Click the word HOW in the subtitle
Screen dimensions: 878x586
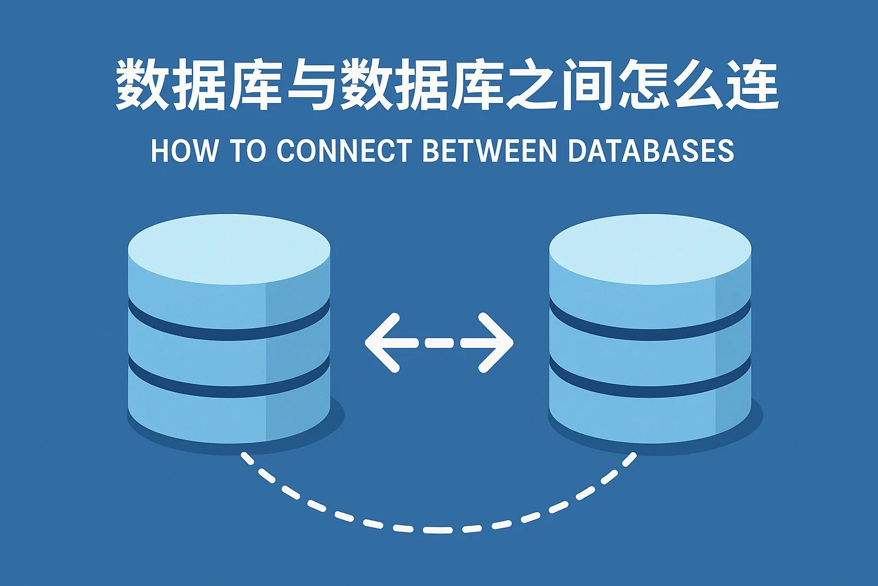click(184, 151)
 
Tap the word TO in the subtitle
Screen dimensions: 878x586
click(250, 151)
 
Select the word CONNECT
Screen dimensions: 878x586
click(344, 151)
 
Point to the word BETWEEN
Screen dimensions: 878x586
click(489, 151)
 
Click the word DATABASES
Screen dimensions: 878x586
click(651, 151)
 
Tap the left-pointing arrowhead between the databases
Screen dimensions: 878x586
click(382, 343)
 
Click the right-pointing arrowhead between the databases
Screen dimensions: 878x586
click(496, 343)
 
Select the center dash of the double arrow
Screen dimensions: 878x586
click(440, 343)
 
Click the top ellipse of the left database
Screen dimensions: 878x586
click(229, 250)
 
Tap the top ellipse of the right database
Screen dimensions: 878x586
click(650, 250)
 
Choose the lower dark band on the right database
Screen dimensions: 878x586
click(650, 388)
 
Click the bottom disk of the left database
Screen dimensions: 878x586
click(229, 416)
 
